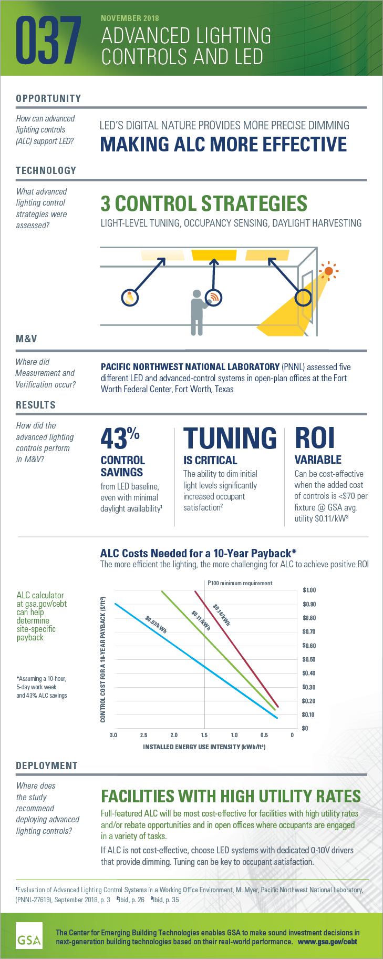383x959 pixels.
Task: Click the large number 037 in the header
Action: coord(49,41)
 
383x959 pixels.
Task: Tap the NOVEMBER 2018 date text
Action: coord(130,18)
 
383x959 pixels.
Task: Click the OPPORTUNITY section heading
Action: coord(48,98)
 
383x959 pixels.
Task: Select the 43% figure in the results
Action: coord(120,438)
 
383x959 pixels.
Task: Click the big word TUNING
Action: coord(230,438)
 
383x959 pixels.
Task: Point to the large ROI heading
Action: coord(314,438)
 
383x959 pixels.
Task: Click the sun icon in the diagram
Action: coord(328,271)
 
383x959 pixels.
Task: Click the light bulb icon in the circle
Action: coord(130,298)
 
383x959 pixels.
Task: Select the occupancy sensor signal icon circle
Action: coord(213,298)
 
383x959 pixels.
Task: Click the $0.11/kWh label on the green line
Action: coord(201,620)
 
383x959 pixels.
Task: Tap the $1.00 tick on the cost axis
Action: coord(309,590)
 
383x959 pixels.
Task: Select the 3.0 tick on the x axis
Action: coord(113,735)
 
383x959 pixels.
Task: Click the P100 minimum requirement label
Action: coord(240,583)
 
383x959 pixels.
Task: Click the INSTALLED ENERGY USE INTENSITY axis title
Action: coord(204,747)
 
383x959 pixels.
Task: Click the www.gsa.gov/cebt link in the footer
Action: coord(327,942)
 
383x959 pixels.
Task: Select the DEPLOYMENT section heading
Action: coord(47,766)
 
